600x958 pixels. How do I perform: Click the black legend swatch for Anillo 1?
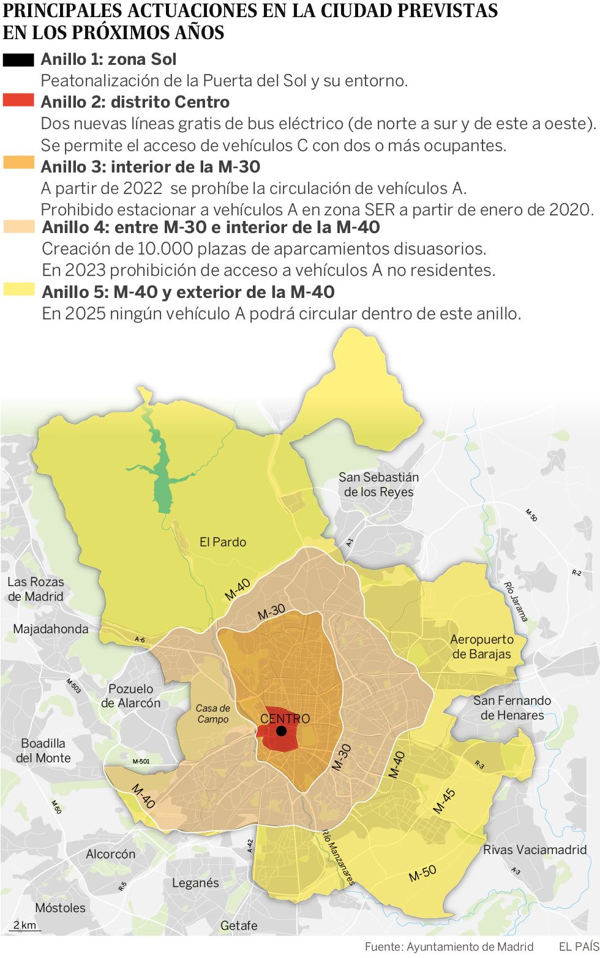18,60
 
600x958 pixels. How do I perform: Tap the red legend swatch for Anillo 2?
18,100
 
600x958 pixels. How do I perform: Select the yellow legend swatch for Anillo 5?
19,290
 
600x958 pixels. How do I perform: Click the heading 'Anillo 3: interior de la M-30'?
151,166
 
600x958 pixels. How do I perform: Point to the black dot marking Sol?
281,731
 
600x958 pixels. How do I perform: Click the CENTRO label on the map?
285,719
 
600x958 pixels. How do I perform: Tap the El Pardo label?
223,542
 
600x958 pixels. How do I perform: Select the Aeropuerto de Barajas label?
482,647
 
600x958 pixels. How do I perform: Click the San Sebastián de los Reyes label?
379,485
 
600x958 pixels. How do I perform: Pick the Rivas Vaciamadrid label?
534,850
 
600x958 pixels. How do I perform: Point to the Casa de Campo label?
213,714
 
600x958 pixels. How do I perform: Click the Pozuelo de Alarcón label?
130,696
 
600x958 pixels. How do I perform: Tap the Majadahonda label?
51,629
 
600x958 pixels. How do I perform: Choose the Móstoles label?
60,908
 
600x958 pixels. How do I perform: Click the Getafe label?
239,926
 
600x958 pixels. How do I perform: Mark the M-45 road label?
444,801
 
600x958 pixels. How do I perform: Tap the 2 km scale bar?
25,926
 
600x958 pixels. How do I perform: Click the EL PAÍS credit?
579,946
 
